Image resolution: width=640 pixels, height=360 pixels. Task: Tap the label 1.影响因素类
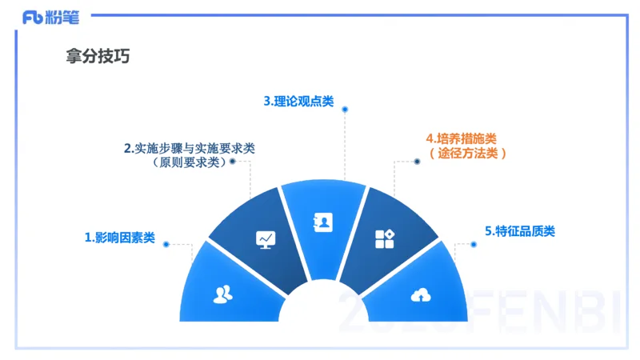point(120,238)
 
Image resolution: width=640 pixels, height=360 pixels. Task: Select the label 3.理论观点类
point(298,102)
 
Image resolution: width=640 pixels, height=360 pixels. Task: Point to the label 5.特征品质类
point(520,231)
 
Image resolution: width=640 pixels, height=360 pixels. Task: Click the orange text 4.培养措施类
point(461,138)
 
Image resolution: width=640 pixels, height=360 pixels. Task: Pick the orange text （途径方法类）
point(467,153)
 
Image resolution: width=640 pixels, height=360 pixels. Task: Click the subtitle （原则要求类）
point(190,162)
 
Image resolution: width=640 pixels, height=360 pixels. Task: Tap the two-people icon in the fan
point(223,294)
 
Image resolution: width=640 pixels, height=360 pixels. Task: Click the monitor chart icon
point(265,238)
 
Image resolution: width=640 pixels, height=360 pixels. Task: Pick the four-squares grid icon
point(385,238)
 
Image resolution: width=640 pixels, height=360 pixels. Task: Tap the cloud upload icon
point(420,295)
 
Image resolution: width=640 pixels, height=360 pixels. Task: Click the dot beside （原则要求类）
point(233,162)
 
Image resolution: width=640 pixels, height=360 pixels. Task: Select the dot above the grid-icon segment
point(417,162)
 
